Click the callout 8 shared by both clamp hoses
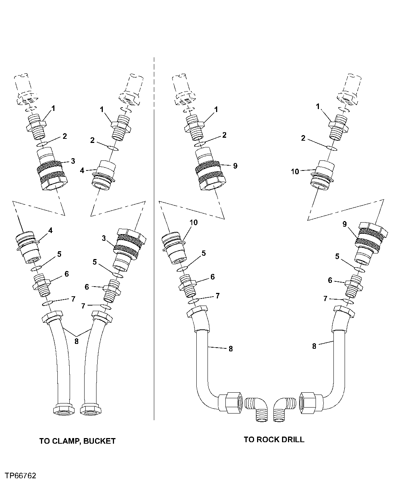pyautogui.click(x=76, y=341)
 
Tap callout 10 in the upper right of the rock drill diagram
pyautogui.click(x=295, y=172)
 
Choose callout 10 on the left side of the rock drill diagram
pyautogui.click(x=194, y=223)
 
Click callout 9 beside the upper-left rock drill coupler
pyautogui.click(x=235, y=166)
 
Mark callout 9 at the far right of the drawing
pyautogui.click(x=345, y=224)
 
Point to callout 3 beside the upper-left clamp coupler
pyautogui.click(x=73, y=161)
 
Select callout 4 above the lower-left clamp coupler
pyautogui.click(x=50, y=230)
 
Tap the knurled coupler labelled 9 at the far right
pyautogui.click(x=370, y=238)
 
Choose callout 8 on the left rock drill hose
pyautogui.click(x=231, y=349)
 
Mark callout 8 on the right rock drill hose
pyautogui.click(x=314, y=346)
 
